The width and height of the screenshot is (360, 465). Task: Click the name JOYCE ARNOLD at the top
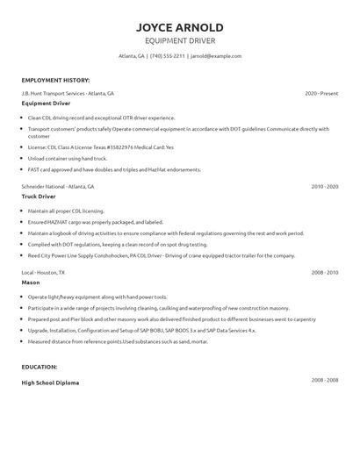[180, 26]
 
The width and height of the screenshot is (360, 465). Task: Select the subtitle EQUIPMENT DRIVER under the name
[180, 40]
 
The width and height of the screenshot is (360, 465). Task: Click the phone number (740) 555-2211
[167, 55]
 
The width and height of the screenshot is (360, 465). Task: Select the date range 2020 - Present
[321, 92]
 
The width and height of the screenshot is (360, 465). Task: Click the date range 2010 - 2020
[324, 187]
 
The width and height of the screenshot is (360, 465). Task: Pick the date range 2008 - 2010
[324, 274]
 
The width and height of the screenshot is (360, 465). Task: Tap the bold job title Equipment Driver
[48, 103]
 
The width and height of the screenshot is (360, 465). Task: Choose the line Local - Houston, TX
[44, 274]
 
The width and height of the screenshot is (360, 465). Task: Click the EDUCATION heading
[40, 366]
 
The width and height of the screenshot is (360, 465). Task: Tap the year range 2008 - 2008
[324, 380]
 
